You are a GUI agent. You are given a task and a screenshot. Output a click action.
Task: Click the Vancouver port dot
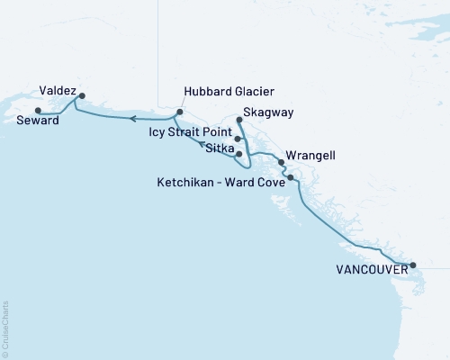413,265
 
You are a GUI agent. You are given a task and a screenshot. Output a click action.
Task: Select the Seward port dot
37,111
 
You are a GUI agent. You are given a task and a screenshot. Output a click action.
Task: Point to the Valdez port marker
82,95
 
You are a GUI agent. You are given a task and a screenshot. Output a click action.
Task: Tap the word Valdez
57,90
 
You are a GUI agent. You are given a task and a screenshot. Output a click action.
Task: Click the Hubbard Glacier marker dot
180,112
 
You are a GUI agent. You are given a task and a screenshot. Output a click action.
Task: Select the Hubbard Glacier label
228,92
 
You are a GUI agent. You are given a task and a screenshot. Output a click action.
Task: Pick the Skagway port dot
238,119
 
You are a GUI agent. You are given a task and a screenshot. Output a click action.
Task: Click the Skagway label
269,113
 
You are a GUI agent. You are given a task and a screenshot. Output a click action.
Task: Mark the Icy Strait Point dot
238,139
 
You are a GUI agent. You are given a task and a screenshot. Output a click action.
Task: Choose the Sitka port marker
238,154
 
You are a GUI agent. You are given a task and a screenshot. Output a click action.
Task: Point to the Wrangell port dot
282,163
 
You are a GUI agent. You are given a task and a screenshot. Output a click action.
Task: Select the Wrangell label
310,155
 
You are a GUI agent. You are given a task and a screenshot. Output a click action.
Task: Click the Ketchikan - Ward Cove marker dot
291,178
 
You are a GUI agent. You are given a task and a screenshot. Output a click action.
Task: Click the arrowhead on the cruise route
131,118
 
